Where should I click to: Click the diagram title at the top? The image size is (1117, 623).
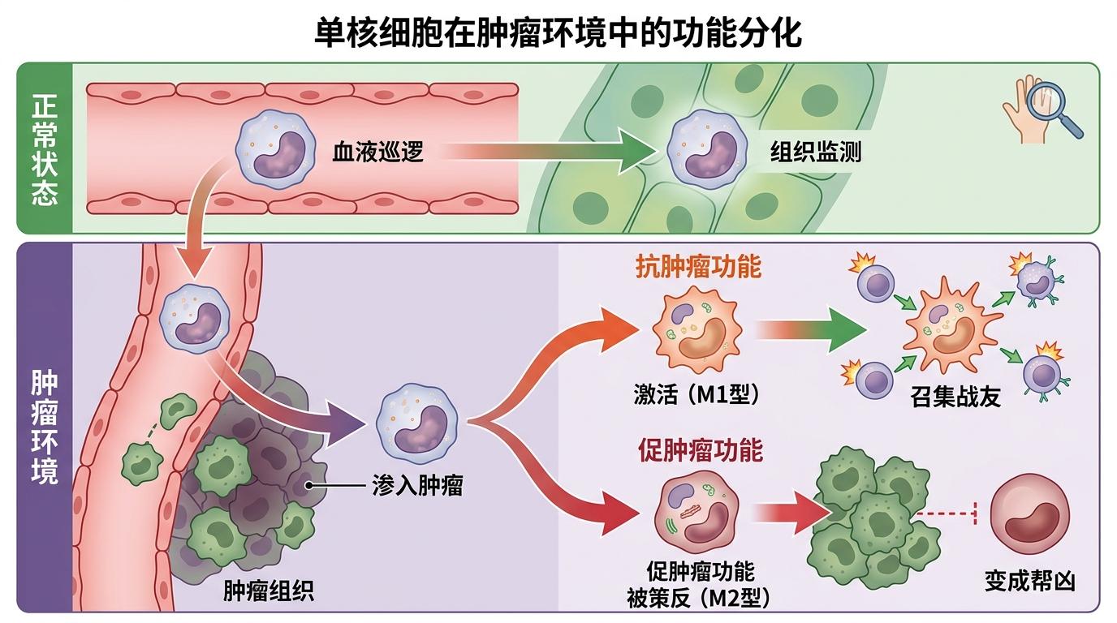[x=558, y=34]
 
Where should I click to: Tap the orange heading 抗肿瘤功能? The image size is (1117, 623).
[x=699, y=267]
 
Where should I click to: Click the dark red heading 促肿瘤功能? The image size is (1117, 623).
[x=701, y=449]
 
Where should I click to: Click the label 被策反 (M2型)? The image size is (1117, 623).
[x=699, y=599]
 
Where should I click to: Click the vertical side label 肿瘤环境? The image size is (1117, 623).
[x=45, y=428]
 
